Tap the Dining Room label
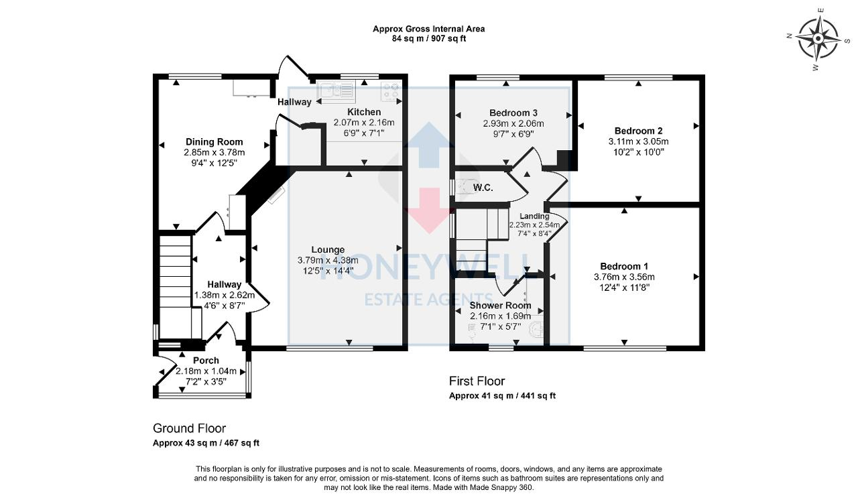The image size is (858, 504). coord(214,142)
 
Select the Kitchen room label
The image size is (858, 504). coord(364,112)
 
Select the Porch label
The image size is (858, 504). coord(206,361)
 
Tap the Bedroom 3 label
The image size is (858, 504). coord(513,113)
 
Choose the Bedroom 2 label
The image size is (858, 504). coord(638,131)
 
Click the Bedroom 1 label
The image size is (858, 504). coord(623,266)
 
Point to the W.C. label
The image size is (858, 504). coord(483,188)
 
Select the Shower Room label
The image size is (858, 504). coord(500,306)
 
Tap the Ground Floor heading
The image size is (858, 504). coord(189,428)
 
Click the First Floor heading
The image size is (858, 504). coord(477,381)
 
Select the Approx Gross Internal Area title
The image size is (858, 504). coord(428,29)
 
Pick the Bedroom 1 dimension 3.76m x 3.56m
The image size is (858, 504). coord(623,277)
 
